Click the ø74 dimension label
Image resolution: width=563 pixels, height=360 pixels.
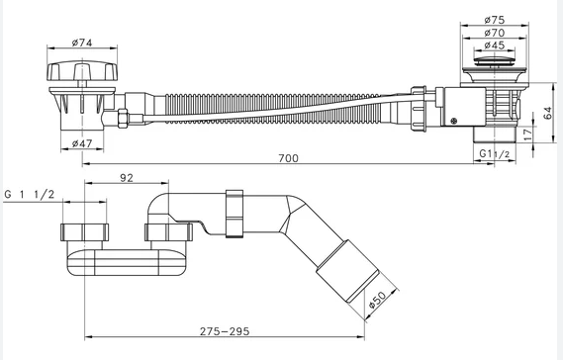(x=82, y=43)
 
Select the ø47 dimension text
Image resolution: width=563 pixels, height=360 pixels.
(x=82, y=144)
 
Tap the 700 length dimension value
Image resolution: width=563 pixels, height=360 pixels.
(x=288, y=158)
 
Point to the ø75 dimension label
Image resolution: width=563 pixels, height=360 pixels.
(x=495, y=20)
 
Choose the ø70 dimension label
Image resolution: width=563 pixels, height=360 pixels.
(x=495, y=33)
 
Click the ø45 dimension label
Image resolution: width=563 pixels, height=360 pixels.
(x=495, y=45)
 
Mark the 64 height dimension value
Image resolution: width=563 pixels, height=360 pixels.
(x=547, y=113)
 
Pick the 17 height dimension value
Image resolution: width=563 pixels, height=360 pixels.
(x=527, y=135)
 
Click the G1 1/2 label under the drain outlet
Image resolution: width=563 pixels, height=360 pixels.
(x=495, y=154)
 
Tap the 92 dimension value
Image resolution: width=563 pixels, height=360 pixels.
(x=127, y=178)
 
